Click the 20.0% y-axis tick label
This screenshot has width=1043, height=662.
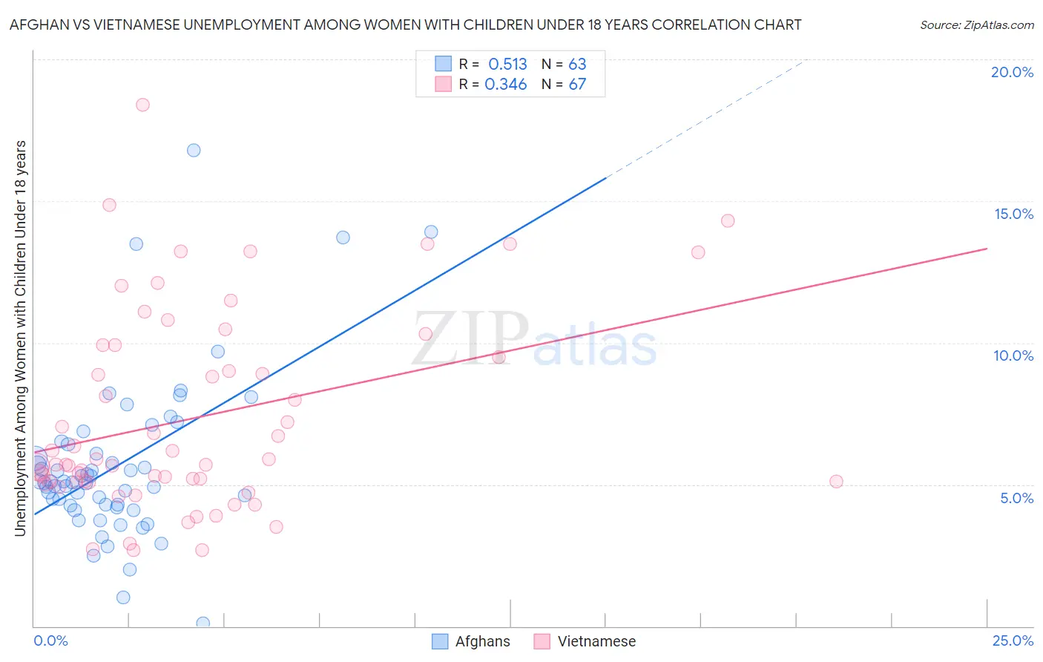pos(1012,72)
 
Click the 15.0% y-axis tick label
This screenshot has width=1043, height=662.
pos(1013,214)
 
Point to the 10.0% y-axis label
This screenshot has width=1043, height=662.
pos(1013,355)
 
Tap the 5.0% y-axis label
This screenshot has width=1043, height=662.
pos(1016,498)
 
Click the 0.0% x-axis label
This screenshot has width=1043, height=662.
pos(50,640)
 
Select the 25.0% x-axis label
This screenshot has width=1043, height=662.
pos(1013,640)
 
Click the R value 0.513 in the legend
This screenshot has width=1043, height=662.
pos(507,65)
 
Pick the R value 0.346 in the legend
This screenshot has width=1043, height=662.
pos(506,85)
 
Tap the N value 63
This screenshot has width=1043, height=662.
pos(577,65)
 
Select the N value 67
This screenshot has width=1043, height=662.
pos(577,85)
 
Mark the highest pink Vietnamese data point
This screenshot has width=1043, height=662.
pos(142,105)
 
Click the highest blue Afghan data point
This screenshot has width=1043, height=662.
pos(194,150)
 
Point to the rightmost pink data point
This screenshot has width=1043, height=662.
pos(836,482)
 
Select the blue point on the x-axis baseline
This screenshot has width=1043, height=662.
pos(203,623)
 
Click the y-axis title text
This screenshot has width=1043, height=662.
pos(20,338)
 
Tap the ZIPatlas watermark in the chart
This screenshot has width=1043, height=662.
pos(534,339)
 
